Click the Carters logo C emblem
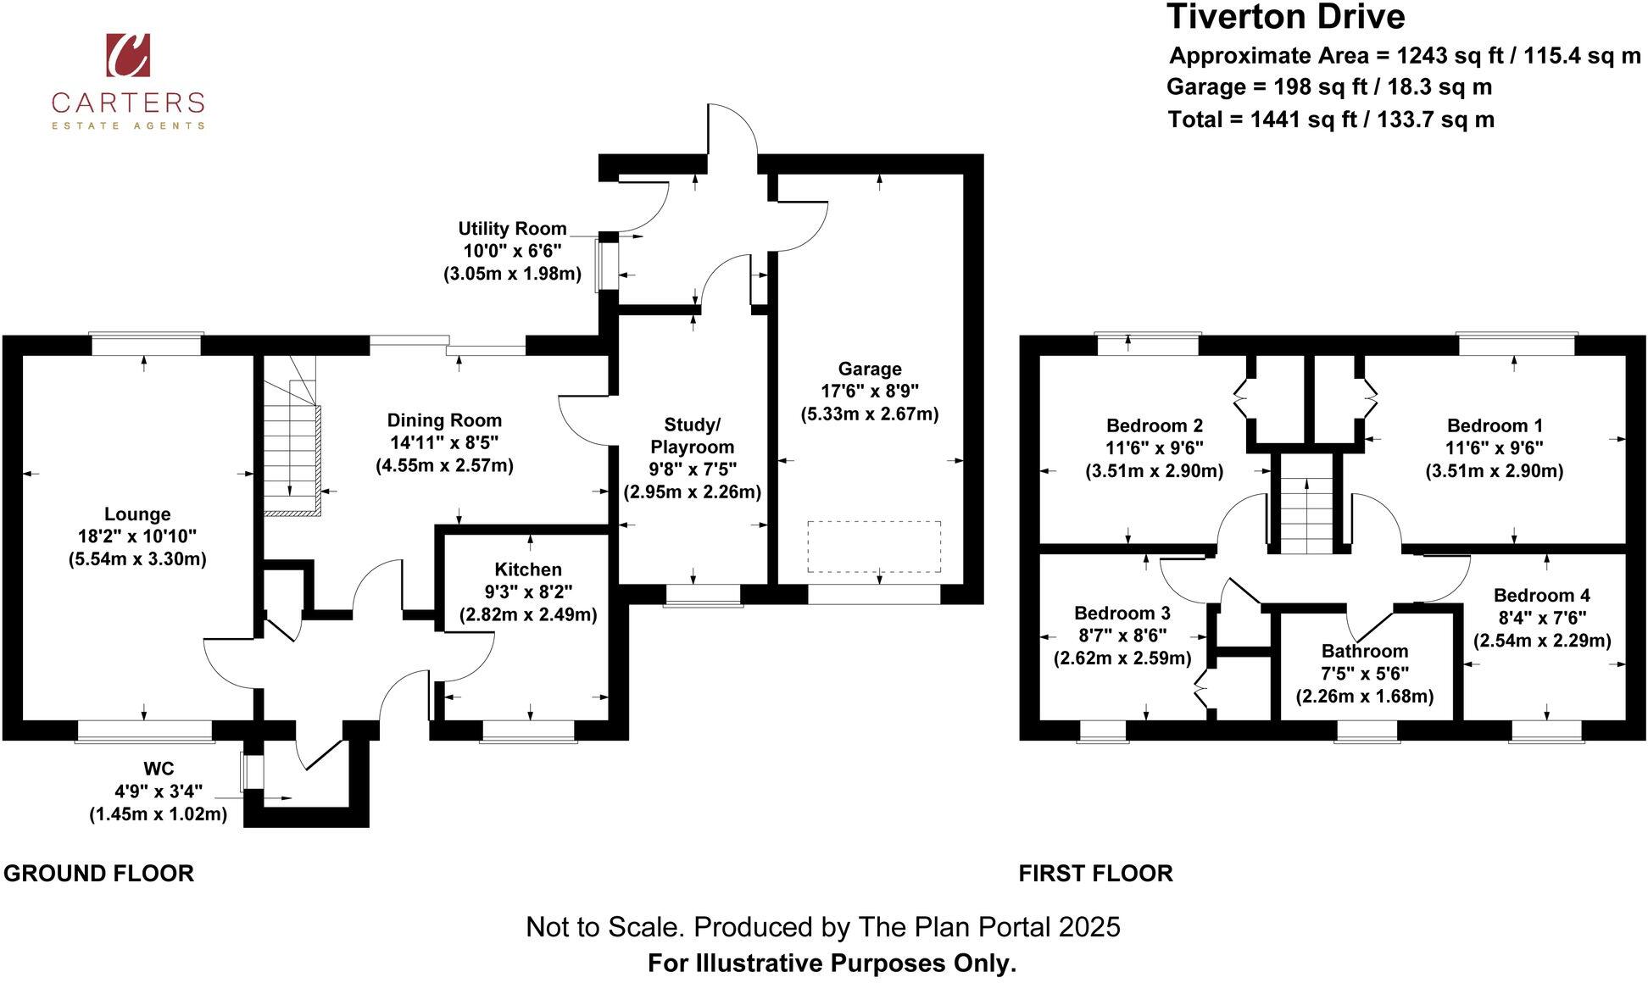pyautogui.click(x=128, y=55)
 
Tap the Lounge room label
pyautogui.click(x=137, y=514)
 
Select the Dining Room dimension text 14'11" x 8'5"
pyautogui.click(x=444, y=442)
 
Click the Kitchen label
pyautogui.click(x=528, y=569)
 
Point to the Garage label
pyautogui.click(x=870, y=369)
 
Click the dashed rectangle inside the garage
pyautogui.click(x=874, y=547)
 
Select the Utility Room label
pyautogui.click(x=512, y=229)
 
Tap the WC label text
pyautogui.click(x=159, y=769)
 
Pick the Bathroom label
pyautogui.click(x=1364, y=651)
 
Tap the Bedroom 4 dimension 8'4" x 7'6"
pyautogui.click(x=1541, y=618)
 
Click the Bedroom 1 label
pyautogui.click(x=1494, y=425)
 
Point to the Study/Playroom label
pyautogui.click(x=692, y=436)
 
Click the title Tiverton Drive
pyautogui.click(x=1285, y=17)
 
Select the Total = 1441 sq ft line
pyautogui.click(x=1330, y=119)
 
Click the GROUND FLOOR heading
pyautogui.click(x=98, y=874)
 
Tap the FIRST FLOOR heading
pyautogui.click(x=1095, y=874)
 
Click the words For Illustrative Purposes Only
pyautogui.click(x=832, y=964)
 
